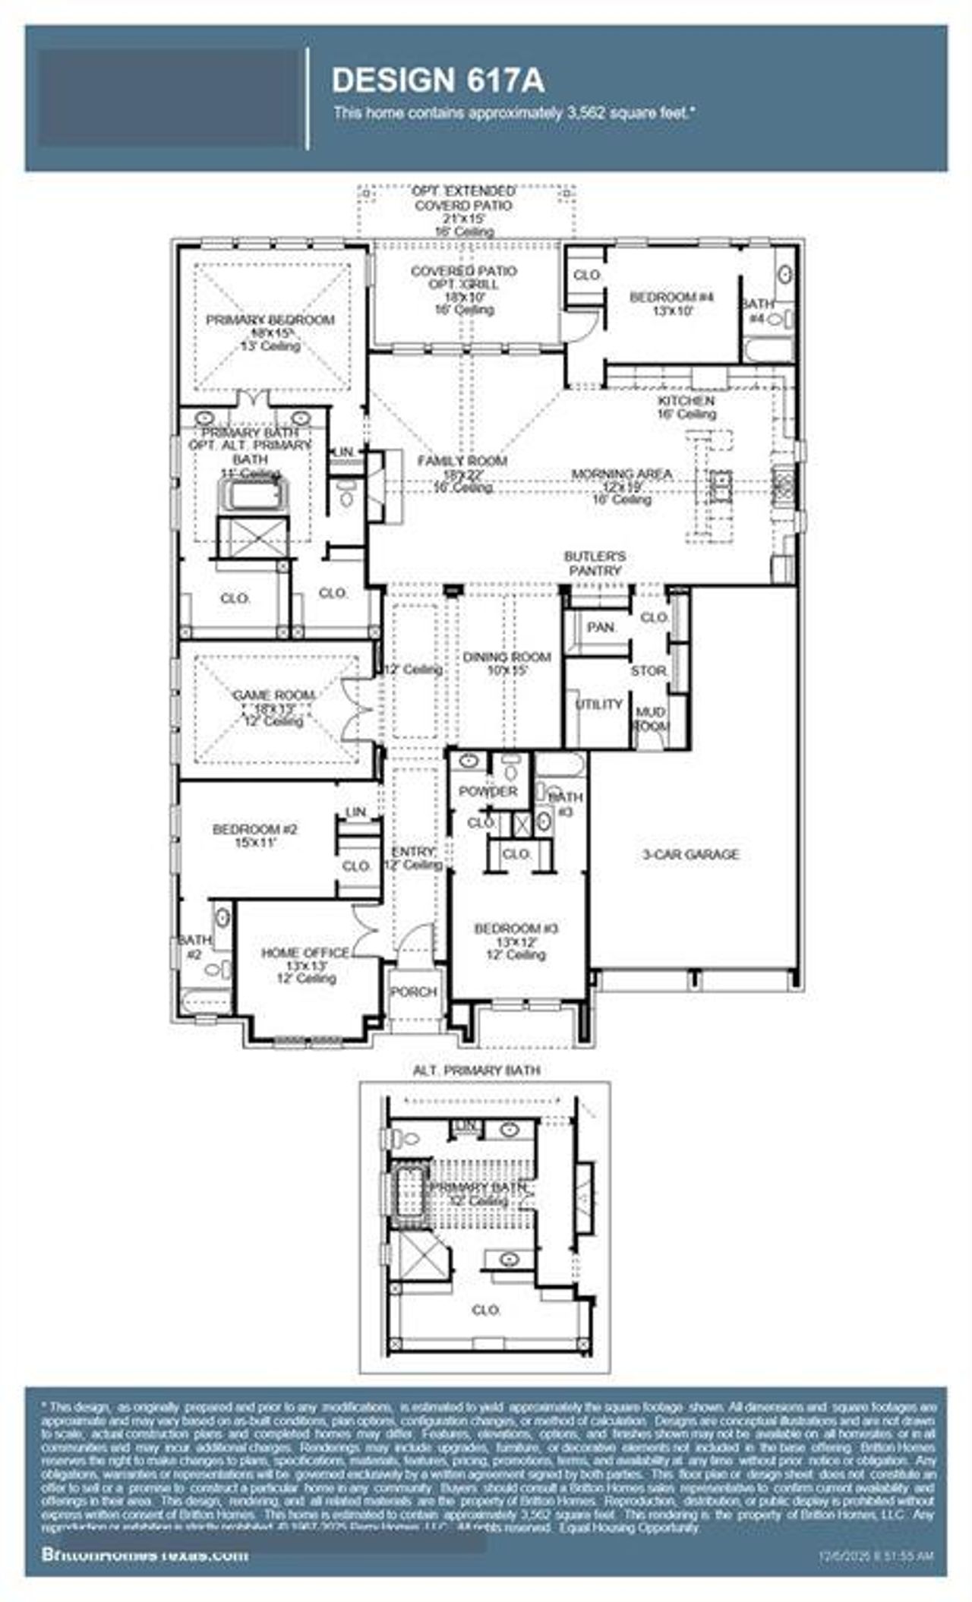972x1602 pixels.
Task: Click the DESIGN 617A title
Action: pyautogui.click(x=438, y=80)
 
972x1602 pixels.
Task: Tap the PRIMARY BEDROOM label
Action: pyautogui.click(x=270, y=320)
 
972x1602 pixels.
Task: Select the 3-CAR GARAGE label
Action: pyautogui.click(x=690, y=854)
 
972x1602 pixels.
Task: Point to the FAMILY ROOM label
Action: pyautogui.click(x=462, y=461)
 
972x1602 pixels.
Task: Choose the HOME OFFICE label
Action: pyautogui.click(x=305, y=953)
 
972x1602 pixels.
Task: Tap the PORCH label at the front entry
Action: pyautogui.click(x=413, y=992)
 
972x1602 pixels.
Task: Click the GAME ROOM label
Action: pyautogui.click(x=273, y=695)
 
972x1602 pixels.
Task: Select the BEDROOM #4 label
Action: pyautogui.click(x=671, y=297)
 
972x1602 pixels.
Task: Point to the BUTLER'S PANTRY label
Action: pyautogui.click(x=595, y=563)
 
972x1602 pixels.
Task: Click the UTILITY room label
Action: pyautogui.click(x=598, y=705)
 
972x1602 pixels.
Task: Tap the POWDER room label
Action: pyautogui.click(x=488, y=791)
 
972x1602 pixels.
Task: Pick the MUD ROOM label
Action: pyautogui.click(x=650, y=718)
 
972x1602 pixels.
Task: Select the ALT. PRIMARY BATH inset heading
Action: pyautogui.click(x=476, y=1071)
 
